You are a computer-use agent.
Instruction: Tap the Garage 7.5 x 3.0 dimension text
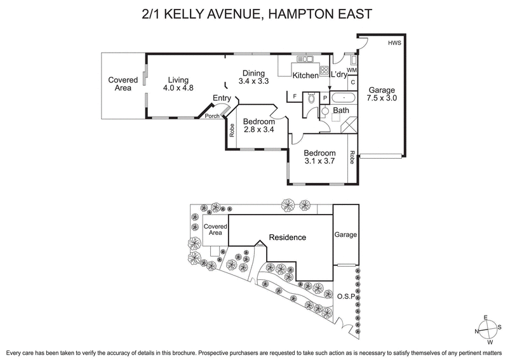384,94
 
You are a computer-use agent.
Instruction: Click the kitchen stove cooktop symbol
324,70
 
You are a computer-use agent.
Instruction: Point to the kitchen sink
304,60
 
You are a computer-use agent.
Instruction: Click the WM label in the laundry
352,70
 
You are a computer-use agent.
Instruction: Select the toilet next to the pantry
310,98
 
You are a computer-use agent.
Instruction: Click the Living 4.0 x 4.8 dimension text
177,84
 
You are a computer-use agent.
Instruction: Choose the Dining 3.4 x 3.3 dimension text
253,77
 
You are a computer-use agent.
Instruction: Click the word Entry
222,97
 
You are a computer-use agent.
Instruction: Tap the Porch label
212,116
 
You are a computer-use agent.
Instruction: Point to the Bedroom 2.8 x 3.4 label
258,126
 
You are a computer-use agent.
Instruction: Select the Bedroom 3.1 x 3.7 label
319,157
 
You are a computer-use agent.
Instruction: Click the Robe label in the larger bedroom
352,157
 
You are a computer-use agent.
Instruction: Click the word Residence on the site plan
287,237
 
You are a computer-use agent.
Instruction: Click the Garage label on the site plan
346,235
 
